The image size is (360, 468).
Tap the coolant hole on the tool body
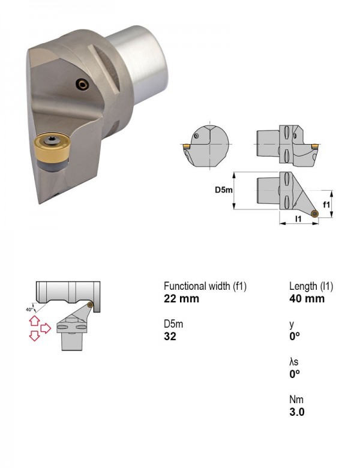[x=82, y=85]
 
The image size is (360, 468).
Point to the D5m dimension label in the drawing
[x=224, y=190]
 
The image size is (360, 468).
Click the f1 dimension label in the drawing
[x=326, y=205]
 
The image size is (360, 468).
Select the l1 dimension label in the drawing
[x=298, y=219]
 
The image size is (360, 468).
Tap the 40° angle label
[x=29, y=310]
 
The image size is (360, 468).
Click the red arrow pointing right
[x=46, y=328]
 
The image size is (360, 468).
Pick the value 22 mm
[x=181, y=299]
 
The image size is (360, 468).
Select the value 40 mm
[x=307, y=299]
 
